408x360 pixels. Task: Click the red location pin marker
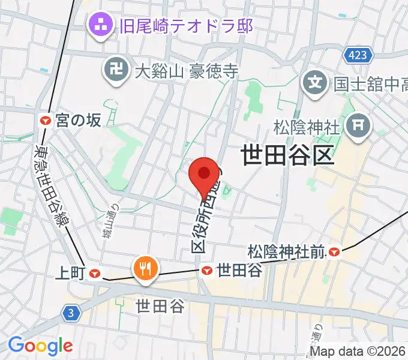[x=204, y=175]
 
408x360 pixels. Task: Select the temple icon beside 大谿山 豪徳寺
[x=116, y=71]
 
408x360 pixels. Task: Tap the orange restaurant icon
[x=145, y=267]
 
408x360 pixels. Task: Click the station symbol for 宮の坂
[x=45, y=121]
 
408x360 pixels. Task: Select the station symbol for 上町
[x=95, y=274]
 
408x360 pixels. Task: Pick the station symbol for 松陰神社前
[x=334, y=253]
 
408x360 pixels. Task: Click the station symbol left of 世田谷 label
[x=208, y=271]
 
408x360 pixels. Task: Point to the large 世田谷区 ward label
[x=287, y=156]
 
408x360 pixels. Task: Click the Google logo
[x=40, y=346]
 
